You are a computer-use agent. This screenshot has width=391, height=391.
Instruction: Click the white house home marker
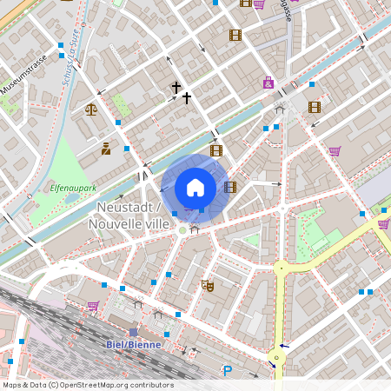tap(195, 187)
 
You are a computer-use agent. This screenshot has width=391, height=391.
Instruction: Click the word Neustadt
tap(124, 208)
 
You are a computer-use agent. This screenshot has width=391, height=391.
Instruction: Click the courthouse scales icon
tap(91, 110)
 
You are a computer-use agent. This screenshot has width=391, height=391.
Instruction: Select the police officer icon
tap(106, 149)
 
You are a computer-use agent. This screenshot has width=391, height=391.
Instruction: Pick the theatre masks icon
tap(207, 284)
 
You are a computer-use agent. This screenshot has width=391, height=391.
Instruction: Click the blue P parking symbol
tap(228, 371)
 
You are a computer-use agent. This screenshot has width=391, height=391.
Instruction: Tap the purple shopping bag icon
tap(268, 83)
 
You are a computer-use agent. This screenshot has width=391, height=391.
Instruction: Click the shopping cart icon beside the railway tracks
tap(93, 306)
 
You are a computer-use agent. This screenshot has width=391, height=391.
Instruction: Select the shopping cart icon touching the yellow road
tap(383, 224)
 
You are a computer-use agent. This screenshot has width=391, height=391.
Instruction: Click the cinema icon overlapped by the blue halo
tap(229, 186)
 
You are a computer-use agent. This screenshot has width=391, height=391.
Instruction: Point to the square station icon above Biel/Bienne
tap(133, 332)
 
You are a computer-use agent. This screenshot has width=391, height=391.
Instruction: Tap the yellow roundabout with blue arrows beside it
tap(277, 356)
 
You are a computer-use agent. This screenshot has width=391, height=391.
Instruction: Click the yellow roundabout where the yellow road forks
tap(281, 268)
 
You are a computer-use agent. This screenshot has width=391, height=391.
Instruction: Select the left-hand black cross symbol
tap(176, 88)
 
